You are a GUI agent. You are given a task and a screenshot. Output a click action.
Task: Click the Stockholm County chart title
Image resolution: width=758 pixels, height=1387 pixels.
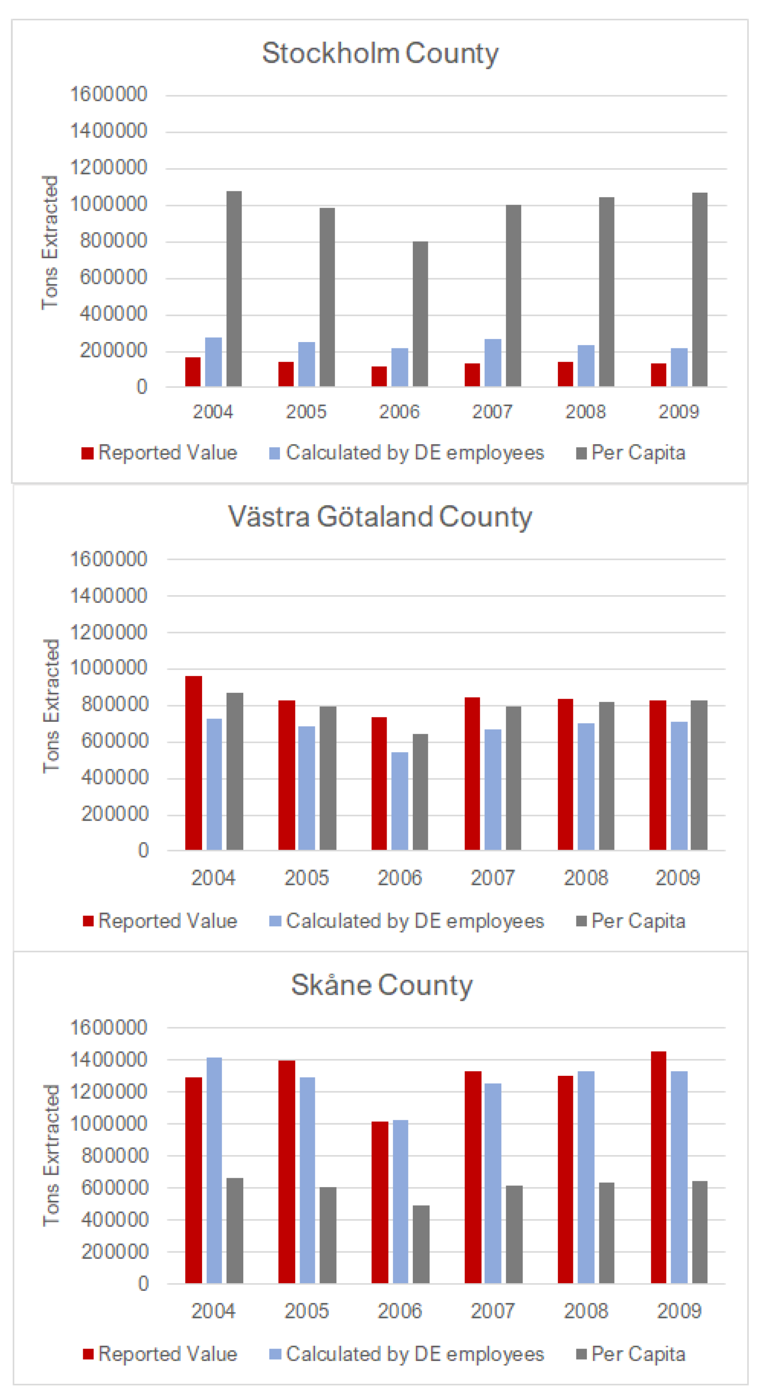[380, 53]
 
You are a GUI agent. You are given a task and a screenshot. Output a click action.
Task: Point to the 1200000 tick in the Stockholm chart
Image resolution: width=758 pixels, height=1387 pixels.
[108, 167]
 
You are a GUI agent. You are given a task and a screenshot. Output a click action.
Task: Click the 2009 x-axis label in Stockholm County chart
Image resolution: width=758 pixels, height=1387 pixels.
[678, 412]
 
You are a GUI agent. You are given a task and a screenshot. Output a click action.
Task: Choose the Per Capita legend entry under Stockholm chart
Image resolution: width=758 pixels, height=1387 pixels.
[631, 453]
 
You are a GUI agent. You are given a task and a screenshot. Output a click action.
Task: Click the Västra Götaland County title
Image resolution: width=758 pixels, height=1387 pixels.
[380, 517]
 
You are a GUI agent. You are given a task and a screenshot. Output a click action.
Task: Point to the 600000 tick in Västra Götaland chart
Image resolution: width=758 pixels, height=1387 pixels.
[114, 741]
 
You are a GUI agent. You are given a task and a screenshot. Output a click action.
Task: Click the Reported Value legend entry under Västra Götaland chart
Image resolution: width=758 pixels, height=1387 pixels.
[161, 921]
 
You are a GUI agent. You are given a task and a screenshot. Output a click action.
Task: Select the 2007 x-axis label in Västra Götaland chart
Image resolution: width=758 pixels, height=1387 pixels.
[492, 878]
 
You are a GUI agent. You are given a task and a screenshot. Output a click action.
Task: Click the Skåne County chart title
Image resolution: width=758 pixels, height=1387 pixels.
[382, 985]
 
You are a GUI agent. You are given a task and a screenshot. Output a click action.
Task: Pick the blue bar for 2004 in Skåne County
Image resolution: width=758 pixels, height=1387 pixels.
[214, 1171]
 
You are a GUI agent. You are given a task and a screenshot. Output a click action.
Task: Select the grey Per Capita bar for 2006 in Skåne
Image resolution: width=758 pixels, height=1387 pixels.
[421, 1244]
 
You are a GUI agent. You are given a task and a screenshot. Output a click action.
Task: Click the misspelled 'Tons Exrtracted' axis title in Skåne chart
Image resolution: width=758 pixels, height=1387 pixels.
[51, 1155]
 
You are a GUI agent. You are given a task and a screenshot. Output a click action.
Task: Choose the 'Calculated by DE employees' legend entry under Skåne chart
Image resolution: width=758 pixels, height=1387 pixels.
[407, 1354]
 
